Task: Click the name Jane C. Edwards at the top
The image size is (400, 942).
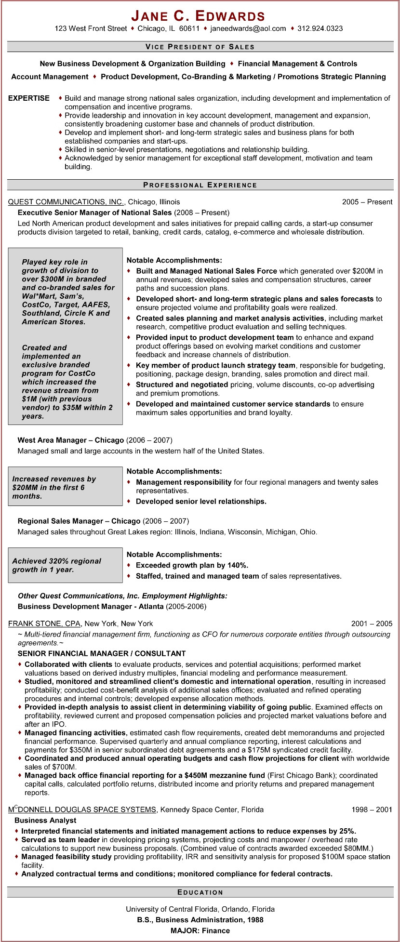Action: click(199, 16)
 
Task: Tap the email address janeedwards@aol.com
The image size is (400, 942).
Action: click(248, 28)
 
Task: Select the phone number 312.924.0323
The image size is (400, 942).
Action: click(320, 28)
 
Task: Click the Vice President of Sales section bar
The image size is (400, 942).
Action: click(200, 47)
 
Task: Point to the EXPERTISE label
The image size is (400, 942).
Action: click(29, 98)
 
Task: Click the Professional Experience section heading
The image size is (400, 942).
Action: click(200, 185)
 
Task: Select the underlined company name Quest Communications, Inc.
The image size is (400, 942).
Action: click(67, 202)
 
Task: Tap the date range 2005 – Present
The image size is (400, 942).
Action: click(367, 202)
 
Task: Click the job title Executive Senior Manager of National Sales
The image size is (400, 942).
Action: click(94, 212)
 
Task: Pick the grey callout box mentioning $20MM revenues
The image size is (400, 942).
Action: click(65, 486)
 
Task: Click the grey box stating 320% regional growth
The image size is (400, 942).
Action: click(65, 565)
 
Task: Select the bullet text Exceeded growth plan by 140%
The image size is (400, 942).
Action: click(192, 565)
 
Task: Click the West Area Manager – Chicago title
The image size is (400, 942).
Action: click(71, 440)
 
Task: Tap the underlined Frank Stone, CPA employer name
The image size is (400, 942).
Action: click(44, 624)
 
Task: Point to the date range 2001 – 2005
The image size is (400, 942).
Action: click(372, 624)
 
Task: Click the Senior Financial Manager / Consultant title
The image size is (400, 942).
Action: click(102, 653)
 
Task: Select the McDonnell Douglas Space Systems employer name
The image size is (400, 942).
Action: click(82, 809)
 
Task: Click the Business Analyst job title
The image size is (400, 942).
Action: click(45, 820)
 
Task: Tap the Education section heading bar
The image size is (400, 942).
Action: click(200, 892)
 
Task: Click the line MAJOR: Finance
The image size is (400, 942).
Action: click(200, 930)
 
